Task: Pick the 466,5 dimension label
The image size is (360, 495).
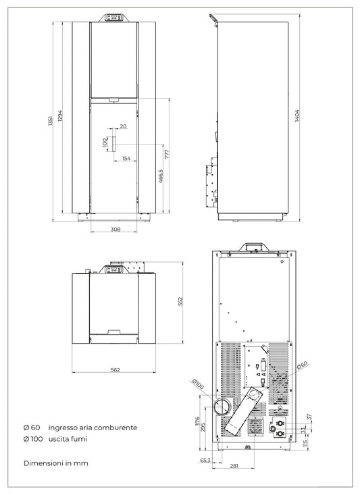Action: [x=161, y=176]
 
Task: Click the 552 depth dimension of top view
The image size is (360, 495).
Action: [x=180, y=301]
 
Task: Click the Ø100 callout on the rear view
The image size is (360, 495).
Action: [x=199, y=384]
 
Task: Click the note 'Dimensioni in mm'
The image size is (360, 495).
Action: [x=55, y=463]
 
